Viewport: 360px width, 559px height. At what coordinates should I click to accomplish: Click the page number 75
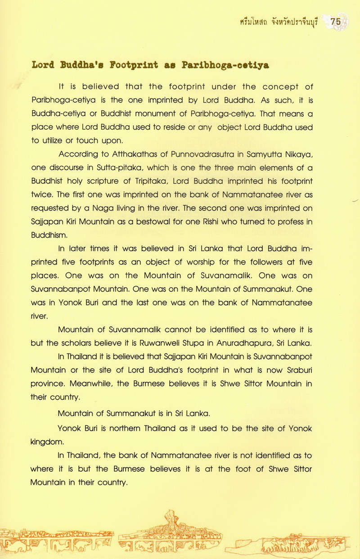click(336, 21)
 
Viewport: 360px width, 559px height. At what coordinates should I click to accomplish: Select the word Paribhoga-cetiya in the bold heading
click(225, 65)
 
